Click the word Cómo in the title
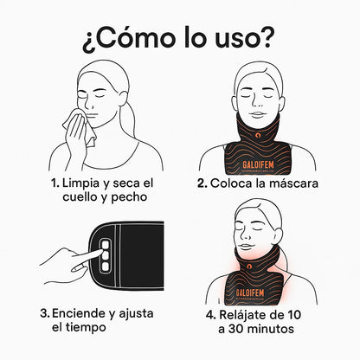point(135,38)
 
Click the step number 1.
point(55,183)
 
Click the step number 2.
point(202,183)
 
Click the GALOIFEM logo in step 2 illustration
point(258,165)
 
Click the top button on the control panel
point(106,245)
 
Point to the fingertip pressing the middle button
point(100,252)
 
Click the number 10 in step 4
point(293,315)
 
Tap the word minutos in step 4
point(270,329)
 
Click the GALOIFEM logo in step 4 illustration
point(250,293)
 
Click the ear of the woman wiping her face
point(123,100)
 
